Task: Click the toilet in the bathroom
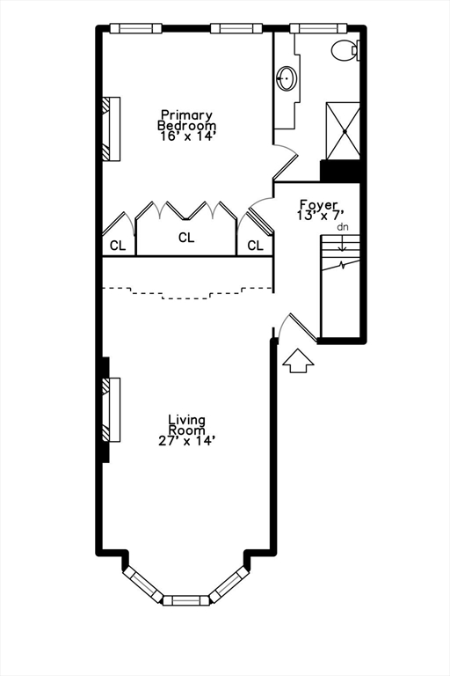tap(345, 50)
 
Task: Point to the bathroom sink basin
tap(287, 78)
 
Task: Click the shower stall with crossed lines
tap(343, 131)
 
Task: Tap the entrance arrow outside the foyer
tap(298, 361)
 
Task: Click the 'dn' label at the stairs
tap(343, 227)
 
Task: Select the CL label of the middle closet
tap(186, 238)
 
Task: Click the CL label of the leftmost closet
tap(118, 246)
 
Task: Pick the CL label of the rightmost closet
tap(255, 246)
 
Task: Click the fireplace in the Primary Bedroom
tap(111, 129)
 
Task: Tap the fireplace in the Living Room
tap(111, 409)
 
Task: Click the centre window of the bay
tap(186, 600)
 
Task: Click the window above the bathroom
tap(318, 28)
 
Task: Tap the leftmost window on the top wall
tap(135, 28)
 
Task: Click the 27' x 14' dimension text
tap(186, 441)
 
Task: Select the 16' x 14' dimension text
tap(186, 136)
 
